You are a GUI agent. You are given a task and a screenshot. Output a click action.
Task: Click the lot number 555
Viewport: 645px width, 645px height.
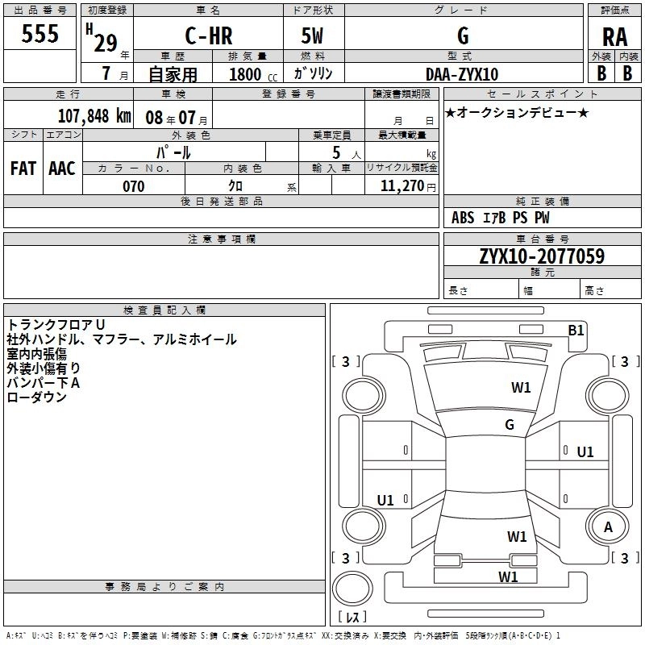(40, 34)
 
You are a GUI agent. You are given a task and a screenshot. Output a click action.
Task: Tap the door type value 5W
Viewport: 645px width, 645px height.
(312, 37)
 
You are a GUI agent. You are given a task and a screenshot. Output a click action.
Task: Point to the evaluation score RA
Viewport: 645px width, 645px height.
(614, 37)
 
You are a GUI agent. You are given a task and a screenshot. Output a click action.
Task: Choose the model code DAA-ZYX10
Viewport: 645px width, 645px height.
(462, 74)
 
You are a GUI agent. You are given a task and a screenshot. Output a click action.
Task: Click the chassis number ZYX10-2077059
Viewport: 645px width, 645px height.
(542, 256)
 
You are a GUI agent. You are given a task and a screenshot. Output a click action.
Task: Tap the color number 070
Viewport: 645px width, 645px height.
(133, 186)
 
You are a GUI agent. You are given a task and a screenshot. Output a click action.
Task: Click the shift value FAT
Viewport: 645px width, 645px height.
(23, 168)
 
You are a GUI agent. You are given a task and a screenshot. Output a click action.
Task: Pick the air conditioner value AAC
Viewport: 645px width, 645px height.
(61, 168)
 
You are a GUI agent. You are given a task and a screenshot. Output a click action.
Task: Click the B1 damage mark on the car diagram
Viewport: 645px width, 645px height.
(576, 330)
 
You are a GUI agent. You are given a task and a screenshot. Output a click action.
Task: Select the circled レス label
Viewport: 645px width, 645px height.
(352, 618)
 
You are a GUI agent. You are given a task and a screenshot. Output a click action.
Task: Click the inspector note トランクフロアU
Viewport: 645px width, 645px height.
(56, 324)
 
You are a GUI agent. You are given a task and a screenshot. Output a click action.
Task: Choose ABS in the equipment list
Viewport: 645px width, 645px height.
(463, 217)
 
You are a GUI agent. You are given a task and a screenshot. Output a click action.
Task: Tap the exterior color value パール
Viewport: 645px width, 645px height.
(173, 152)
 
